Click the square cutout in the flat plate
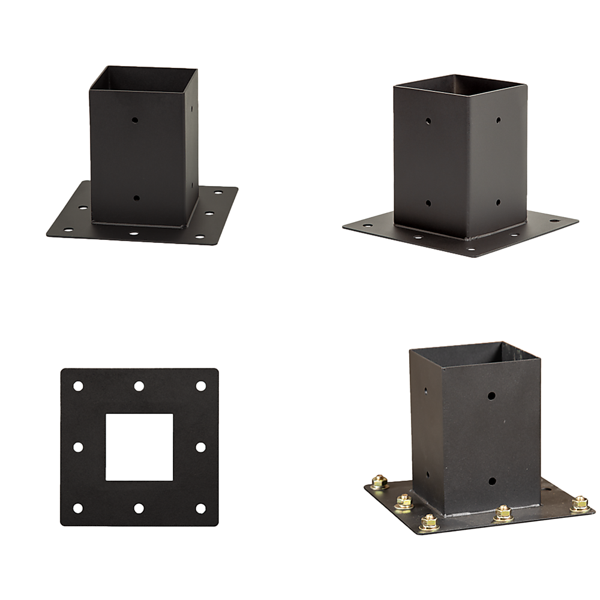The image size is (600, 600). (139, 447)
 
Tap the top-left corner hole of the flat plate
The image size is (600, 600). (77, 386)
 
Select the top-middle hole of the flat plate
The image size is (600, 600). (139, 386)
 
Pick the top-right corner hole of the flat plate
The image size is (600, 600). (200, 386)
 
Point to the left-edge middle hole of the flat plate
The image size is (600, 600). (77, 447)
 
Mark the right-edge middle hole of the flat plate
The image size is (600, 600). (200, 447)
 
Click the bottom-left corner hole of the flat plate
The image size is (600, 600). (77, 508)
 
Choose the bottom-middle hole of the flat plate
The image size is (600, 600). (139, 508)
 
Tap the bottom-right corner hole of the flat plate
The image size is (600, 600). (200, 508)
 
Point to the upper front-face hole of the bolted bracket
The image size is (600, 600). (491, 396)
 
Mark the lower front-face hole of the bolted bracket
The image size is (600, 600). (491, 481)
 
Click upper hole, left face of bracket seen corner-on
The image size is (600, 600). (428, 121)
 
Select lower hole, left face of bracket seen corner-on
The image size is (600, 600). (428, 203)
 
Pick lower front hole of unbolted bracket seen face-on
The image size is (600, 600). (136, 197)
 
